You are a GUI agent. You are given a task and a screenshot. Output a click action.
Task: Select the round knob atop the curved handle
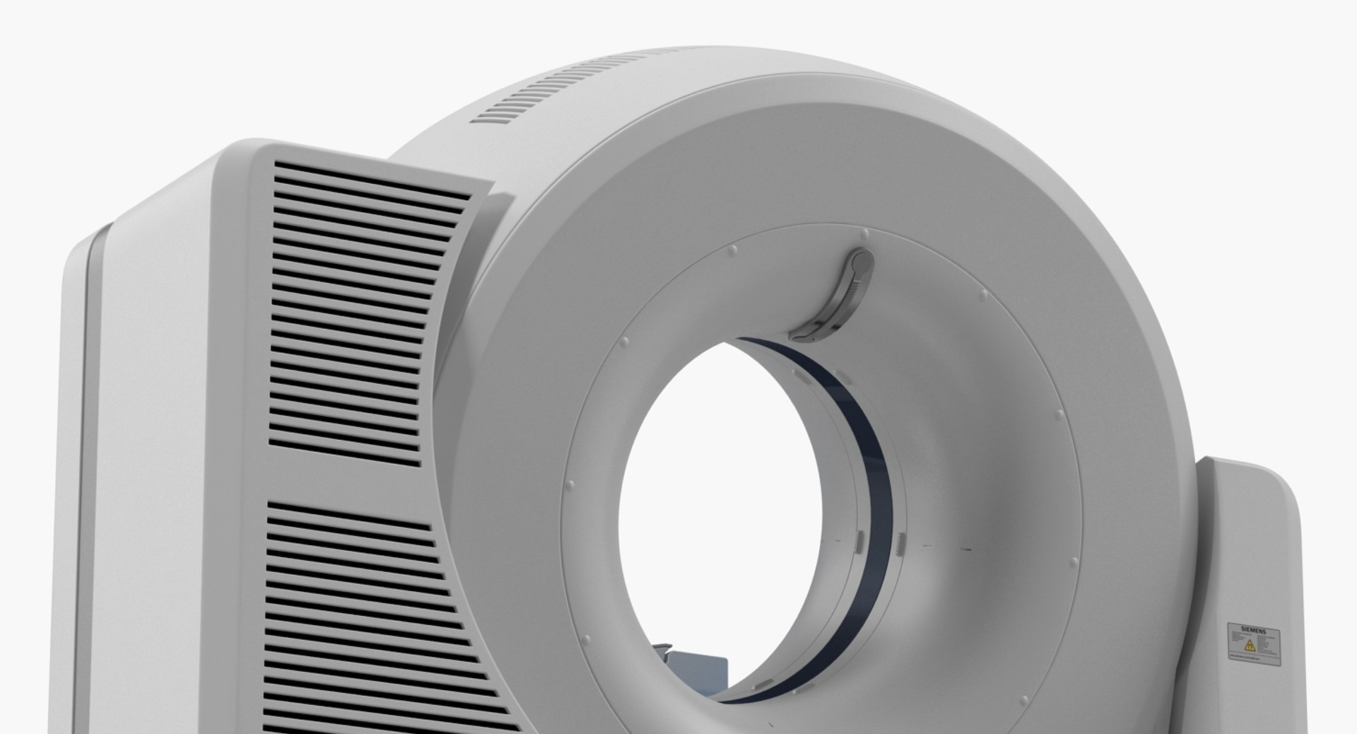click(862, 262)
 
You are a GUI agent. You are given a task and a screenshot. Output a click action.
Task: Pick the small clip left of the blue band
click(857, 542)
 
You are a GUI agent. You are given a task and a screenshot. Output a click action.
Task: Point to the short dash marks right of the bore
click(947, 547)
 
